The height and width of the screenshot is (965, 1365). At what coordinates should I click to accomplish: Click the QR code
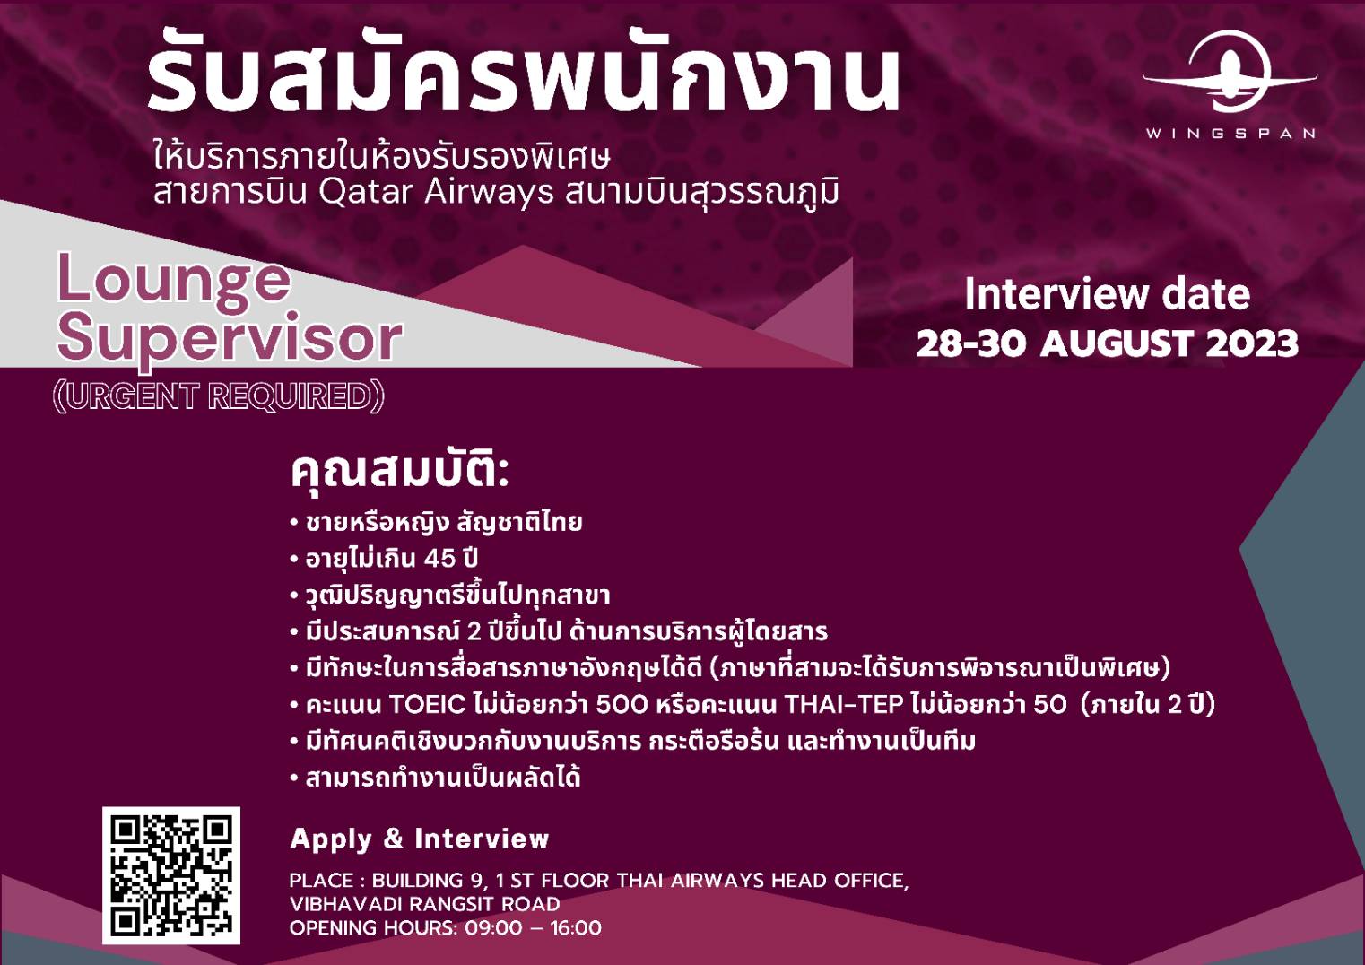tap(171, 875)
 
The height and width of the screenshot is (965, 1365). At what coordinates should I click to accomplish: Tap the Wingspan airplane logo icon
tap(1230, 72)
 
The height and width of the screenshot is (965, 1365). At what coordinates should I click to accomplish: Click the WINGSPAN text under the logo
tap(1230, 134)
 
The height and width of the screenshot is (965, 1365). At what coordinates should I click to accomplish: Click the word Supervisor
tap(230, 339)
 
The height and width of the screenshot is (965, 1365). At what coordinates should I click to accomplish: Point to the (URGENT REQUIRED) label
tap(219, 396)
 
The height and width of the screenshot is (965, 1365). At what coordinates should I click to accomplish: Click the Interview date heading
tap(1108, 294)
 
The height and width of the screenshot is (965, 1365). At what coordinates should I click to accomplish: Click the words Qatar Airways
tap(436, 192)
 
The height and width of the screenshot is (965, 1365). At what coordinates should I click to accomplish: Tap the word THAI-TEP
tap(843, 705)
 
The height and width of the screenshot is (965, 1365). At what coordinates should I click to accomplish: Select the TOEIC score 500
tap(622, 705)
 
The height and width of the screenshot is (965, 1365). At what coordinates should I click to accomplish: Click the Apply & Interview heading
tap(419, 839)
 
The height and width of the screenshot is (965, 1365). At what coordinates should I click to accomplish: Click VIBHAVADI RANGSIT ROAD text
tap(425, 904)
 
